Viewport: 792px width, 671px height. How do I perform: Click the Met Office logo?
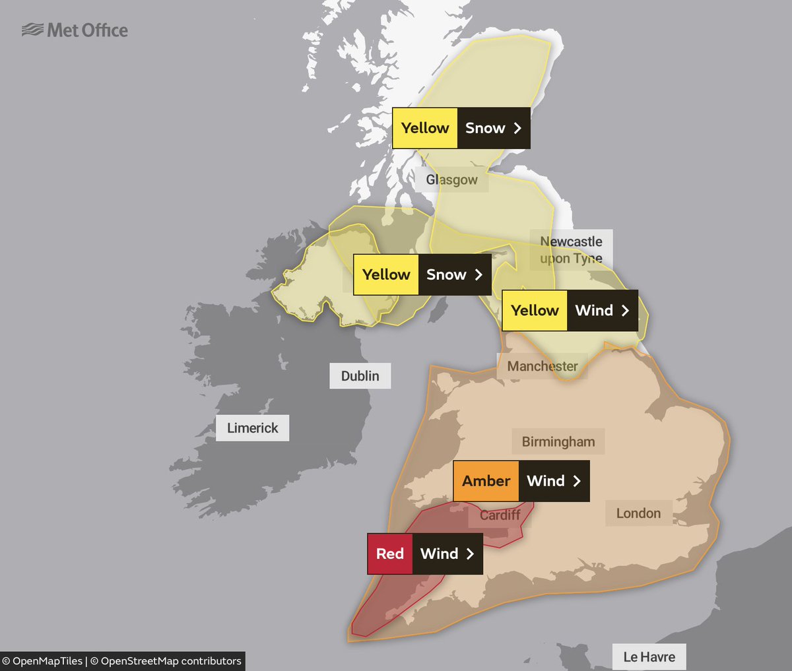pos(75,30)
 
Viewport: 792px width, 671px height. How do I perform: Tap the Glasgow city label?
pos(452,179)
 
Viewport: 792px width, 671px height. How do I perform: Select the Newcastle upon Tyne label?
pos(571,250)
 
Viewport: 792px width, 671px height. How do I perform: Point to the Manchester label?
pos(542,366)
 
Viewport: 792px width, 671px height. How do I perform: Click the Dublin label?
pos(360,376)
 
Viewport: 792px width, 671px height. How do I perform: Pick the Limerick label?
pos(252,428)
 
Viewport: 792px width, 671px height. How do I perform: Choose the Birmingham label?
pos(558,442)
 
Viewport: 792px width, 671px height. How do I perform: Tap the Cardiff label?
pos(500,515)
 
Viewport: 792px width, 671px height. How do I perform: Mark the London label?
pos(638,513)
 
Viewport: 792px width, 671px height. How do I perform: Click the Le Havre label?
pos(649,657)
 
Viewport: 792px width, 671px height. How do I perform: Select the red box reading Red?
pos(389,554)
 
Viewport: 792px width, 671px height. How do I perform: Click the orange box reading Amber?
pos(486,481)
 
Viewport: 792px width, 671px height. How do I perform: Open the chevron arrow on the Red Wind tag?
pos(470,554)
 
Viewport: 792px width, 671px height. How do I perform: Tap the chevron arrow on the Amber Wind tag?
pos(577,481)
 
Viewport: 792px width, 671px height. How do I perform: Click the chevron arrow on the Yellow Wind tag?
pos(625,310)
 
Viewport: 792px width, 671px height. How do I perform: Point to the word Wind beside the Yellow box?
pos(594,310)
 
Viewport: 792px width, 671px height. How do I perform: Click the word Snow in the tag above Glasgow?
pos(485,128)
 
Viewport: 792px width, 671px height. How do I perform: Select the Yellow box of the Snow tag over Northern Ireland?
pos(386,274)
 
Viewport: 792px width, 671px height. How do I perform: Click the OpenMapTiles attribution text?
pos(43,661)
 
